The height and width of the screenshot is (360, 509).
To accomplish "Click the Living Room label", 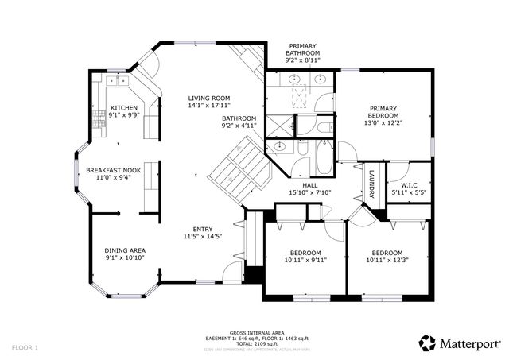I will (x=198, y=98).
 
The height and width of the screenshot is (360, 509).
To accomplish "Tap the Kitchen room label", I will (x=123, y=108).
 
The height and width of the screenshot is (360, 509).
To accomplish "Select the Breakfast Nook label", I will (x=113, y=170).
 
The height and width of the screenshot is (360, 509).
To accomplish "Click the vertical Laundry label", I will (x=371, y=184).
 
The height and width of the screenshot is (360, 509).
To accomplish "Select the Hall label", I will (x=298, y=184).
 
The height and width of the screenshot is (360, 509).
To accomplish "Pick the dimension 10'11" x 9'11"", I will (x=305, y=260).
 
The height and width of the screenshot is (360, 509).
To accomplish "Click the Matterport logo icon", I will (x=428, y=343).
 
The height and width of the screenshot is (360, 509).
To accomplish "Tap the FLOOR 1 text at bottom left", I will (x=25, y=348).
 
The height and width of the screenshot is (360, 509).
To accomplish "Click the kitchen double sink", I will (x=118, y=80).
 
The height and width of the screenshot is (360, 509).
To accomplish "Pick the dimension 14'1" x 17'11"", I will (x=198, y=106).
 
